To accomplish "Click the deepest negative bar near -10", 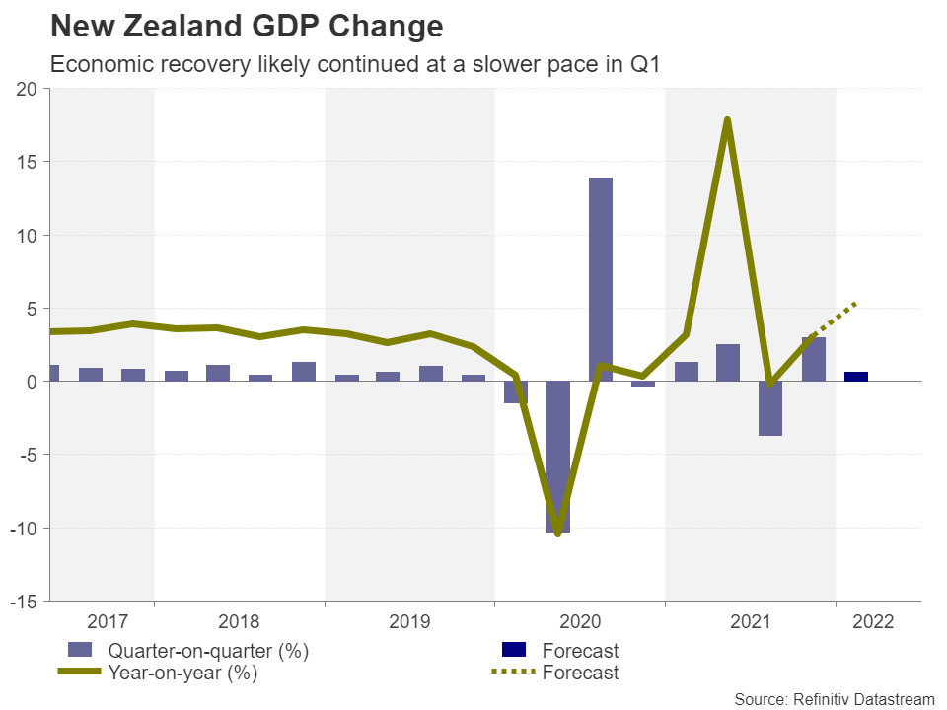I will (558, 457).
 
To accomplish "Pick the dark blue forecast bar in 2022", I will (856, 377).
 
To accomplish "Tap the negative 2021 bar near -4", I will (771, 408).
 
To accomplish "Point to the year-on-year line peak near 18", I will (727, 120).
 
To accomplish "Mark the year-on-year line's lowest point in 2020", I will (558, 533).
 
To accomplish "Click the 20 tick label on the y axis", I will (27, 89).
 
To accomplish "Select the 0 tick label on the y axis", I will (32, 382).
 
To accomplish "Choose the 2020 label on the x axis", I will (580, 622).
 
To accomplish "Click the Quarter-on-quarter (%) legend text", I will (208, 651).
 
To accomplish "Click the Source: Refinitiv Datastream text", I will (834, 698).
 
